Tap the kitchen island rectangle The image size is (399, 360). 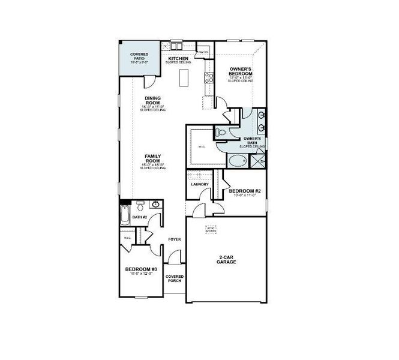tap(184, 77)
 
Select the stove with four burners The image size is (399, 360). tap(209, 77)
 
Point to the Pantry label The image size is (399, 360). tap(203, 52)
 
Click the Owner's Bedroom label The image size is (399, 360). tap(240, 72)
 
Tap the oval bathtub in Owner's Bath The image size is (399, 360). tap(236, 161)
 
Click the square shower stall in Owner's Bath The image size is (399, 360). tap(258, 161)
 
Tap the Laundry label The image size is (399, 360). tap(199, 184)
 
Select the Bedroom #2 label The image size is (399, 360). tap(243, 191)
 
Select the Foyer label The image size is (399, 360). tap(175, 239)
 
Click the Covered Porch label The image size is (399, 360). tap(175, 279)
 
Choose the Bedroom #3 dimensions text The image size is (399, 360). tap(140, 274)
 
